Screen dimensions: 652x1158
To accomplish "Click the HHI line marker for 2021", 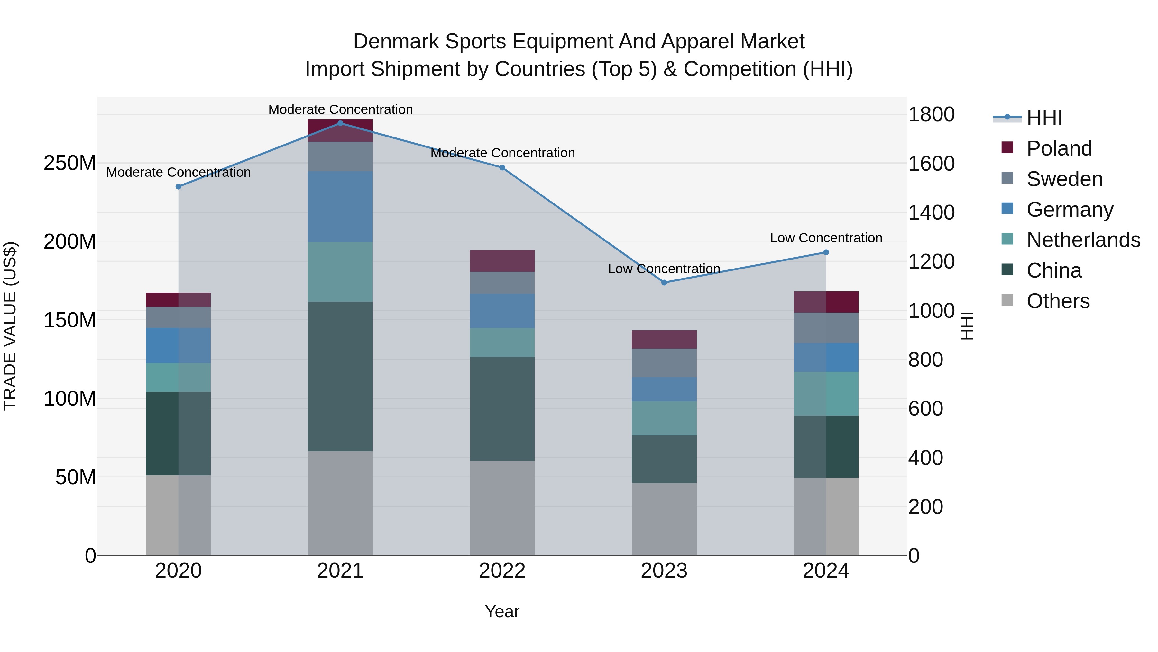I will (340, 123).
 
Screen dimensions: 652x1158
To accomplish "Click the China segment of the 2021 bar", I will (340, 376).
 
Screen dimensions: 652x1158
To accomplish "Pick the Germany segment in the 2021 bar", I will (340, 206).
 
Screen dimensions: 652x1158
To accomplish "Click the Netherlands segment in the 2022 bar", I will (502, 343).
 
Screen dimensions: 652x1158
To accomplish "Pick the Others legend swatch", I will (1007, 300).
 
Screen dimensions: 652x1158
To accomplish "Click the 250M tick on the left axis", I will (70, 163).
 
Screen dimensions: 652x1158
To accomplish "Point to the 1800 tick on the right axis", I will (931, 114).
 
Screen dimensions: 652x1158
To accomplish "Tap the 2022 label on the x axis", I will (502, 571).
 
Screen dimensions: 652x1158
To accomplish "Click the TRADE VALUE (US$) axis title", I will (10, 326).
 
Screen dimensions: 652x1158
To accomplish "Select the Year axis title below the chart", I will (502, 611).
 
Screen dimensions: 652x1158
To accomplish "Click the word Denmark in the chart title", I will (396, 42).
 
